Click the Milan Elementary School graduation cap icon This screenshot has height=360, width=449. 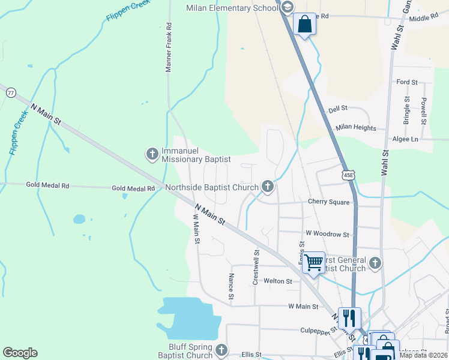287,7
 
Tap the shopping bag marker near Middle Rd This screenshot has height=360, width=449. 305,25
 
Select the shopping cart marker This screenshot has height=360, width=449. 313,262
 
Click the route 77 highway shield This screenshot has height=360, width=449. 11,93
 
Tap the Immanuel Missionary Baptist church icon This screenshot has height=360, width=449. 152,155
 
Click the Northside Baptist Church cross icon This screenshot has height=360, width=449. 267,188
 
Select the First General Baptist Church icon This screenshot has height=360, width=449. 375,263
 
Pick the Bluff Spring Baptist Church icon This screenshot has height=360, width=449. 221,350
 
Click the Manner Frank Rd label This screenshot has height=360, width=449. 169,48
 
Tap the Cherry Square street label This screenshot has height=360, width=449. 328,202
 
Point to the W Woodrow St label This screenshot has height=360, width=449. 327,233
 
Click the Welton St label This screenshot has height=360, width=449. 278,281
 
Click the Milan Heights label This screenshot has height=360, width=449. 356,128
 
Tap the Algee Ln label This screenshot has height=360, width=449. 405,139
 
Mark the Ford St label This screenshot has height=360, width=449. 406,82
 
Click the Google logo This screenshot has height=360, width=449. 20,353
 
